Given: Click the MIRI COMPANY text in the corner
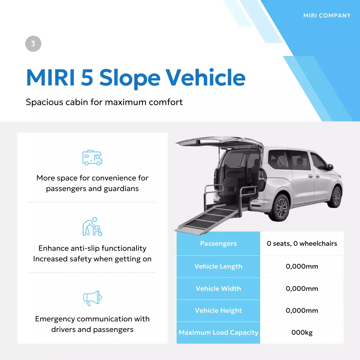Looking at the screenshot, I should (x=327, y=16).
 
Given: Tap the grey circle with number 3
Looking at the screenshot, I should (x=33, y=44).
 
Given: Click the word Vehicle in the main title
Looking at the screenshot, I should (x=205, y=78).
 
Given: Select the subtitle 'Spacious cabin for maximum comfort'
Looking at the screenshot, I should (x=104, y=102).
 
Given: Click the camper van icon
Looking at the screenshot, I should (x=92, y=157).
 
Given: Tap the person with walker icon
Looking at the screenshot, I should (x=92, y=227).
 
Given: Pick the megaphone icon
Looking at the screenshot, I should (x=92, y=298).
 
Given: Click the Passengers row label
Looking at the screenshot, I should (x=218, y=244).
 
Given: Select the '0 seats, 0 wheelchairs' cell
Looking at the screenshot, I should (x=302, y=244).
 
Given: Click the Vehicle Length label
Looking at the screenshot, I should (x=218, y=266).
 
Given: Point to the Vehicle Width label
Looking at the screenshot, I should (x=218, y=289).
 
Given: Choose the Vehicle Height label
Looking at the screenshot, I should (x=218, y=310).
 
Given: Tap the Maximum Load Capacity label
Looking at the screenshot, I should (x=218, y=332).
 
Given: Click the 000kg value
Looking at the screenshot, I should (x=302, y=332).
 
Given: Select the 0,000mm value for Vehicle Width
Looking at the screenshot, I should (x=302, y=289).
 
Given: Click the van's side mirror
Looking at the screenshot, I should (x=331, y=167).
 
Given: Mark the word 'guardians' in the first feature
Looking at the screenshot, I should (x=121, y=189).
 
